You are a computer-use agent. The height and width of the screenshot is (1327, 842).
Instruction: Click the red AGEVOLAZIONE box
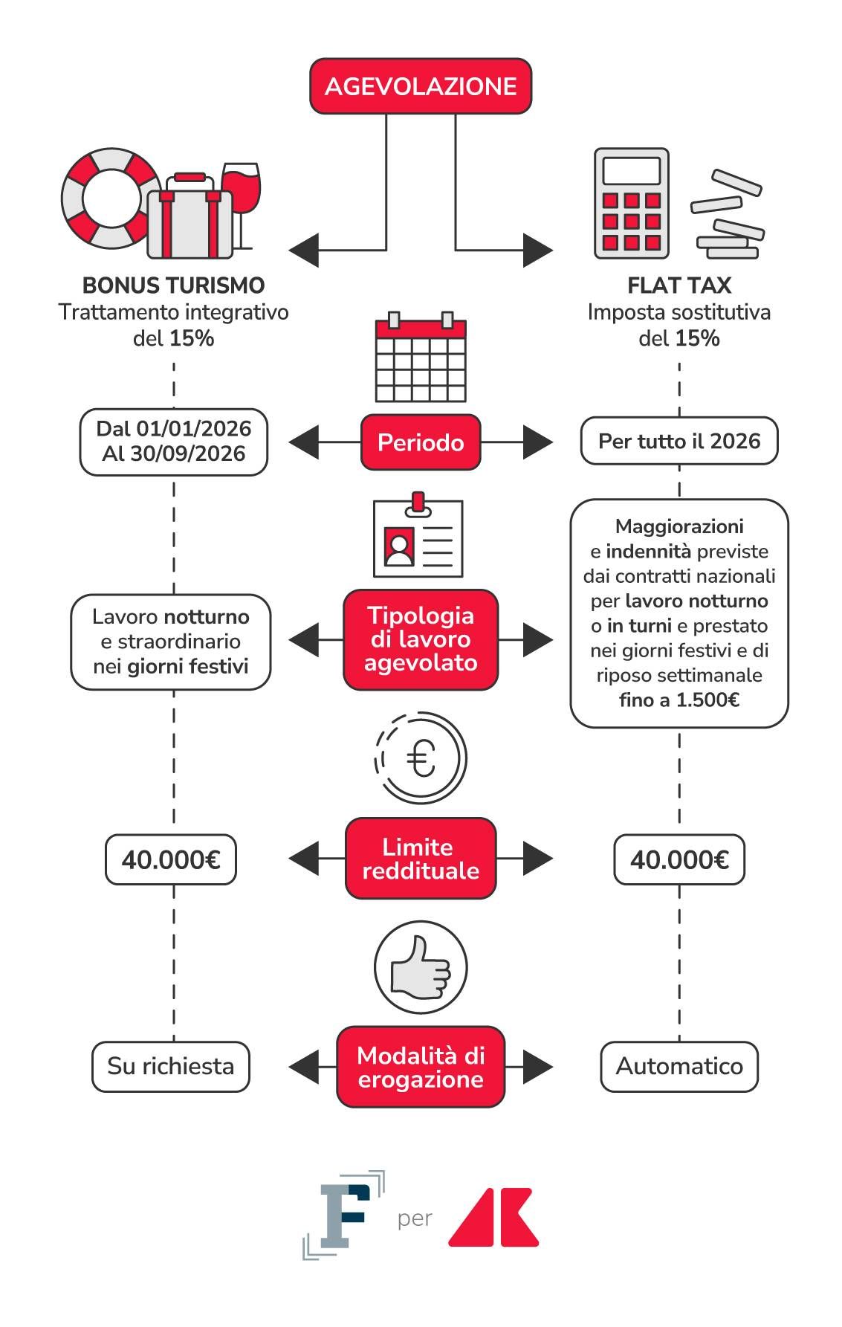tap(420, 86)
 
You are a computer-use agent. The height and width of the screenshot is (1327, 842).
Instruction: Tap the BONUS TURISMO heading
tap(173, 285)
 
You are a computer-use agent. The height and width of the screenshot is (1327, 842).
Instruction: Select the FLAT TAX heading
tap(679, 285)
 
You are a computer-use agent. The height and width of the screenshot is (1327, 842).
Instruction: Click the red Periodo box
tap(420, 442)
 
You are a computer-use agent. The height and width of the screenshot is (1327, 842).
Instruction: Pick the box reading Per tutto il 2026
tap(679, 441)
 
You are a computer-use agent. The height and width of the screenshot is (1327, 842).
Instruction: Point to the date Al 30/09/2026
tap(173, 453)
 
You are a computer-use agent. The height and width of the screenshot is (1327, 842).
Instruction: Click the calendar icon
tap(420, 358)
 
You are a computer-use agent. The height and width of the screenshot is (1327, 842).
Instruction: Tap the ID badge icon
tap(418, 536)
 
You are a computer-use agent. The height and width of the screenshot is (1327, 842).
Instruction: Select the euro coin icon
tap(420, 758)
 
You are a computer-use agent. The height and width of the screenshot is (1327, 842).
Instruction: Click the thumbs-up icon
tap(420, 967)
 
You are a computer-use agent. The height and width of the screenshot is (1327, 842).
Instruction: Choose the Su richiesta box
tap(170, 1066)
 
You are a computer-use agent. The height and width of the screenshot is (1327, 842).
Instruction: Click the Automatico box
tap(679, 1066)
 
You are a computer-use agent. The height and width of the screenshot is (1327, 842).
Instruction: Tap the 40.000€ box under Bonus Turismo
tap(170, 859)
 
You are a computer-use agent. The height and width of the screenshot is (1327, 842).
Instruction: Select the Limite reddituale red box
tap(420, 859)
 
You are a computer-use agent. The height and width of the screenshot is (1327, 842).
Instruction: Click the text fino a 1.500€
tap(679, 700)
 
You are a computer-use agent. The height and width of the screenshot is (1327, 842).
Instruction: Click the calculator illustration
tap(631, 203)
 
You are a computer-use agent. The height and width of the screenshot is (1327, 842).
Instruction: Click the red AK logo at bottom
tap(493, 1217)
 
